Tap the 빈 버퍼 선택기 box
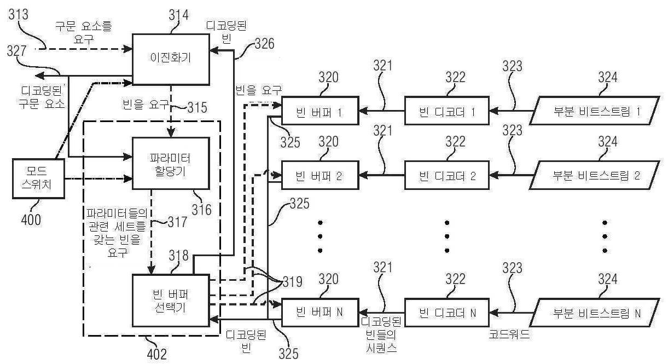click(171, 302)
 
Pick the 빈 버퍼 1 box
click(320, 112)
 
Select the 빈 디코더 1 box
click(448, 112)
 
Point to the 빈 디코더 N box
click(448, 313)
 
